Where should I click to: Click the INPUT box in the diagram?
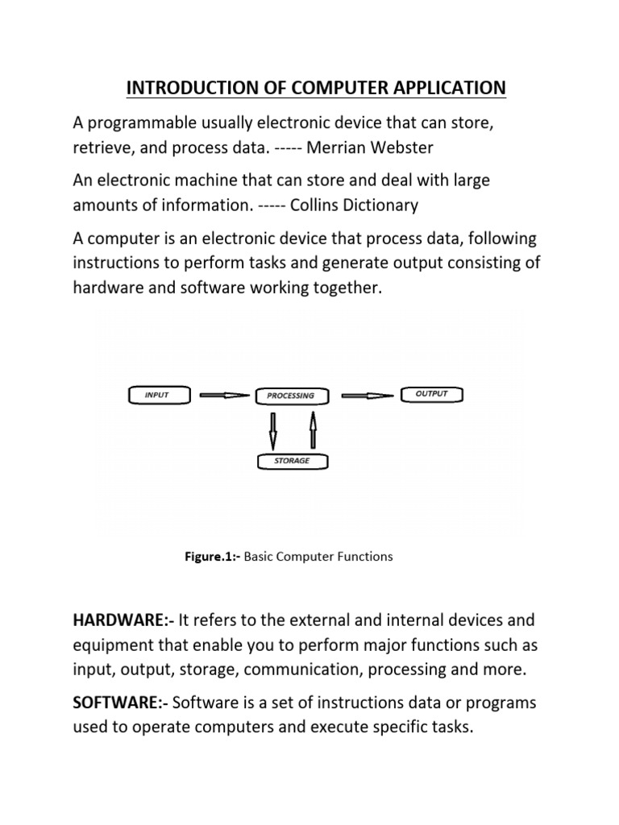coord(158,395)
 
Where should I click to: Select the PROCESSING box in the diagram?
coord(290,396)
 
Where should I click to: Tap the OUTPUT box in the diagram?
coord(432,394)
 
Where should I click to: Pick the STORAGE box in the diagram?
coord(293,462)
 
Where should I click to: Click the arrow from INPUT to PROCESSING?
coord(223,395)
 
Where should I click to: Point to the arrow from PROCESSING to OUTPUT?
coord(368,395)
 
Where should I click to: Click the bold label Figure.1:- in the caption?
coord(213,557)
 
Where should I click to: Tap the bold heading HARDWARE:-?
coord(123,620)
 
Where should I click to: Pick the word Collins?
coord(306,205)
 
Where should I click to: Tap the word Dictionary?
coord(379,205)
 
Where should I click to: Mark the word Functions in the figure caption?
coord(364,557)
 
